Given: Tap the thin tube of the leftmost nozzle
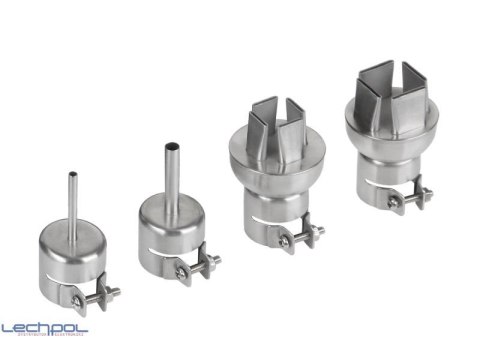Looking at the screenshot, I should click(x=72, y=200).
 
